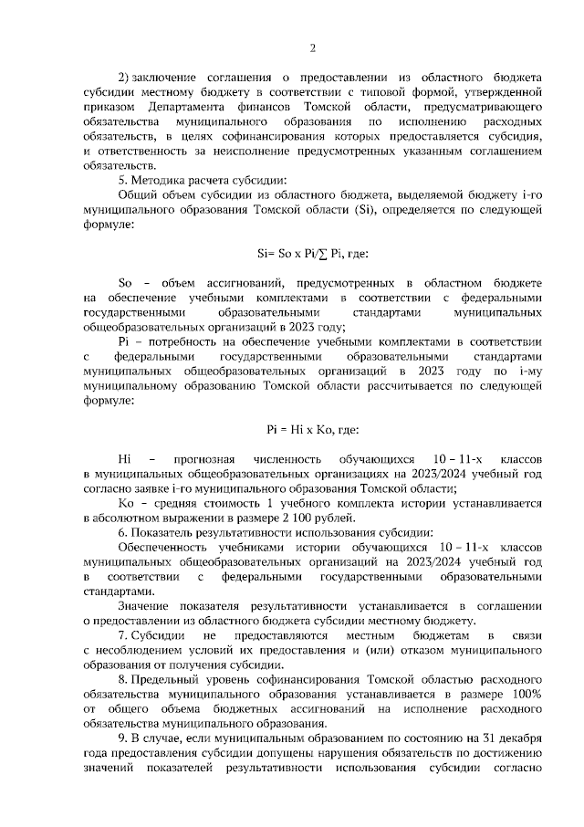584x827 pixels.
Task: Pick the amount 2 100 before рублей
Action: point(307,517)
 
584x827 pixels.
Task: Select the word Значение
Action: point(147,604)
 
